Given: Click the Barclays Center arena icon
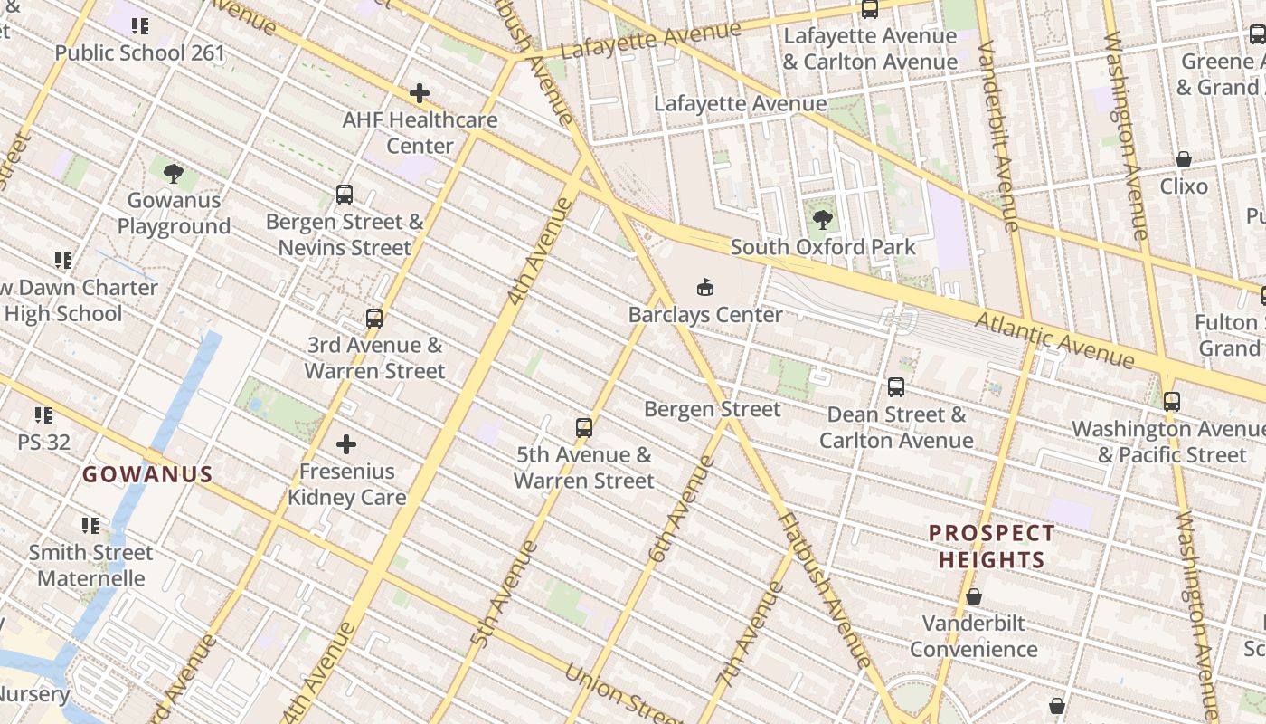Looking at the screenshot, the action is click(x=705, y=288).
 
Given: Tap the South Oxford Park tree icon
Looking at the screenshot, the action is click(x=822, y=219).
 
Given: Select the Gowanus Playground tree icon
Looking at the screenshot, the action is click(x=174, y=172).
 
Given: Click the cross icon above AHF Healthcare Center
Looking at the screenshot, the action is click(x=419, y=92).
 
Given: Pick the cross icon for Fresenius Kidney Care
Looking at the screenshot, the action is click(x=346, y=444).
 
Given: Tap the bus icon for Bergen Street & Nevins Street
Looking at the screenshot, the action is click(x=345, y=194).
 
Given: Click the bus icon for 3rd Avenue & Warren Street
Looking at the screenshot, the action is click(x=374, y=318).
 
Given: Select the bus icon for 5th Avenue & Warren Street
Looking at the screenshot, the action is click(x=584, y=427).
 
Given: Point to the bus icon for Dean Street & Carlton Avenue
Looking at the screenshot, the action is click(x=895, y=387).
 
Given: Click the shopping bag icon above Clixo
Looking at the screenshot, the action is click(x=1183, y=159).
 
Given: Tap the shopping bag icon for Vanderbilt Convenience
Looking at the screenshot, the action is click(x=974, y=596).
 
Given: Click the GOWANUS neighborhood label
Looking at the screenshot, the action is click(x=147, y=474).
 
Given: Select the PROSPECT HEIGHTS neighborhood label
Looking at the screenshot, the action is click(x=991, y=547).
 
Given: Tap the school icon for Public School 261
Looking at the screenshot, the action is click(x=139, y=25).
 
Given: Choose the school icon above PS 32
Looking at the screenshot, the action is click(x=43, y=415).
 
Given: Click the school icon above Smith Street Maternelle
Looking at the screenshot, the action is click(x=90, y=525).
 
